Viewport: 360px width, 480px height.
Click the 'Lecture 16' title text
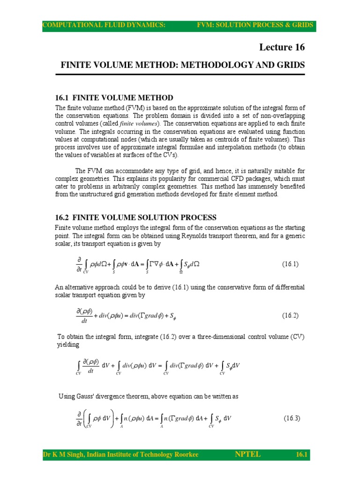(x=282, y=47)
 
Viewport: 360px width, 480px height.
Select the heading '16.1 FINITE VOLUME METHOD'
(x=114, y=97)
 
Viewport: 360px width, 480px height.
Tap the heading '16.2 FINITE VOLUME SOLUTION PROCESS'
(x=136, y=217)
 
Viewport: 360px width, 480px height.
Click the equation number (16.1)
(x=290, y=264)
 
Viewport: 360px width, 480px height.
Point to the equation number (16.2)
(x=290, y=315)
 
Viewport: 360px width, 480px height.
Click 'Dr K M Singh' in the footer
(x=62, y=455)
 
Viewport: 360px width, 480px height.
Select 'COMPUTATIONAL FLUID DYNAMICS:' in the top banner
(x=104, y=25)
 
